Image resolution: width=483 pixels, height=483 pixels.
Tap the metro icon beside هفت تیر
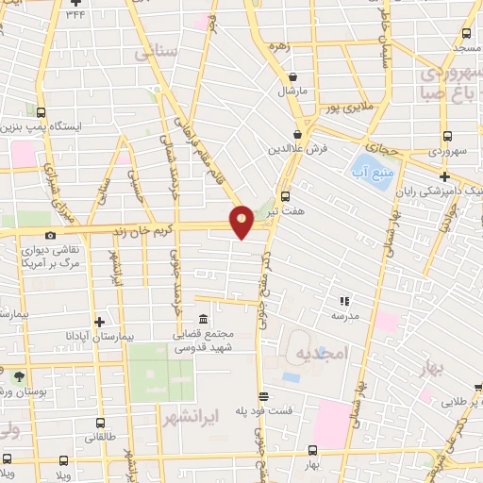[286, 196]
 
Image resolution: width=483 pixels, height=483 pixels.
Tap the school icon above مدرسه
[344, 302]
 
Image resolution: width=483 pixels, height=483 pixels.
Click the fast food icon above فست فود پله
[263, 396]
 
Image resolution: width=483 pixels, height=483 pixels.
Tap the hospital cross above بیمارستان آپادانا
[99, 321]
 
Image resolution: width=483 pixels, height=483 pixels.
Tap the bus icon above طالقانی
[98, 424]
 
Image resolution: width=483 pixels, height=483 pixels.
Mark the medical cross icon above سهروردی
[444, 175]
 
